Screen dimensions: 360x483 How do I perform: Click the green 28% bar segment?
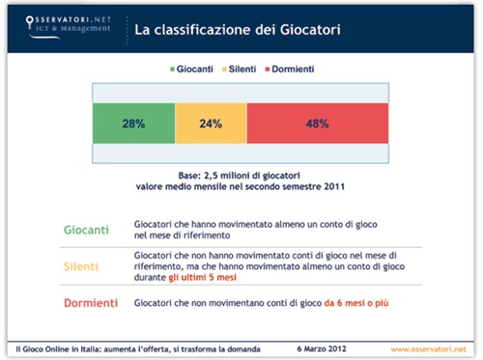132,124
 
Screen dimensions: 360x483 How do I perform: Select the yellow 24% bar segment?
211,124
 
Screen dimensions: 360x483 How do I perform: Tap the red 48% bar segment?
319,124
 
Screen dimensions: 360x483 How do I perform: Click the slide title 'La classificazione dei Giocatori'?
236,30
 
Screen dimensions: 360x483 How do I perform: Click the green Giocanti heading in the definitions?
85,230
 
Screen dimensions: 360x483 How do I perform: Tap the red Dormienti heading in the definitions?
91,303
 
